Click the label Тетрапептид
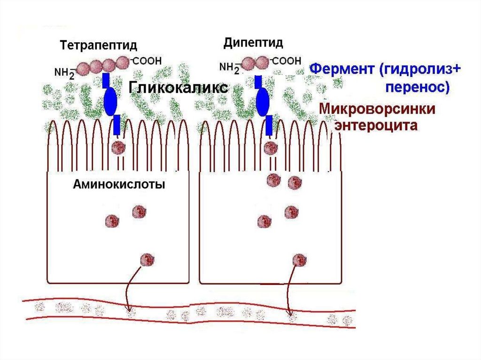tap(98, 46)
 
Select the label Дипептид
tap(253, 44)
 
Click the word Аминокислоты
tap(119, 184)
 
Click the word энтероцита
tap(375, 126)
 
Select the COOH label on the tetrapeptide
tap(147, 61)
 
